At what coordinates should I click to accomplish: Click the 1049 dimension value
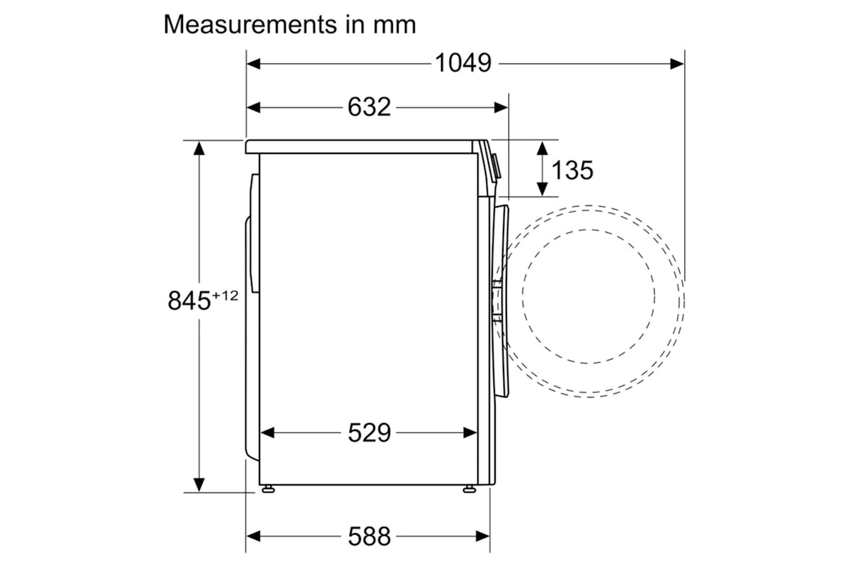click(463, 62)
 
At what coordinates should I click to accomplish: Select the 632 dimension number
click(369, 107)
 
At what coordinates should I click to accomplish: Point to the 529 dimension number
click(369, 432)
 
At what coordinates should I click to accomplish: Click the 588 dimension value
click(369, 537)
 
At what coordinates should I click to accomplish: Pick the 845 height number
click(189, 300)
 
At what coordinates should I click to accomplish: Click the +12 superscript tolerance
click(226, 295)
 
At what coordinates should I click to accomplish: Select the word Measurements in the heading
click(250, 25)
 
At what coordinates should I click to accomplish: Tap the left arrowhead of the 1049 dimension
click(253, 64)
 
